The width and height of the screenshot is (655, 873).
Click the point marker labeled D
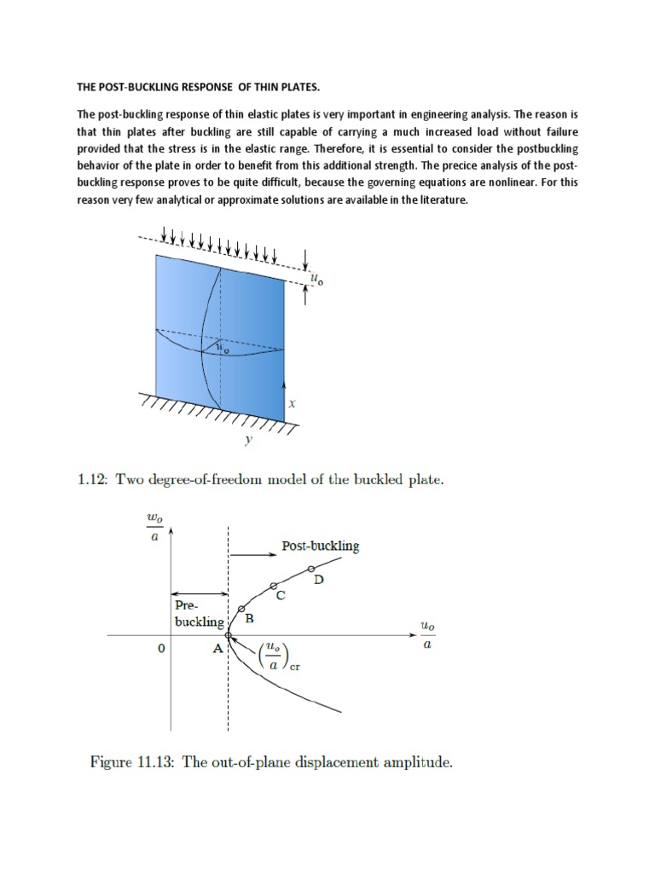(310, 569)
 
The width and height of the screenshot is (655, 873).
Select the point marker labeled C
(273, 586)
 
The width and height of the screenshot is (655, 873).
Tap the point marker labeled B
(241, 609)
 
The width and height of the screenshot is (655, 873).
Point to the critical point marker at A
(228, 635)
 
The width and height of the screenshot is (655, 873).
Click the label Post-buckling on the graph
(320, 546)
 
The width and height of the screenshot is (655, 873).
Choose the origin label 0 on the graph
(159, 649)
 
